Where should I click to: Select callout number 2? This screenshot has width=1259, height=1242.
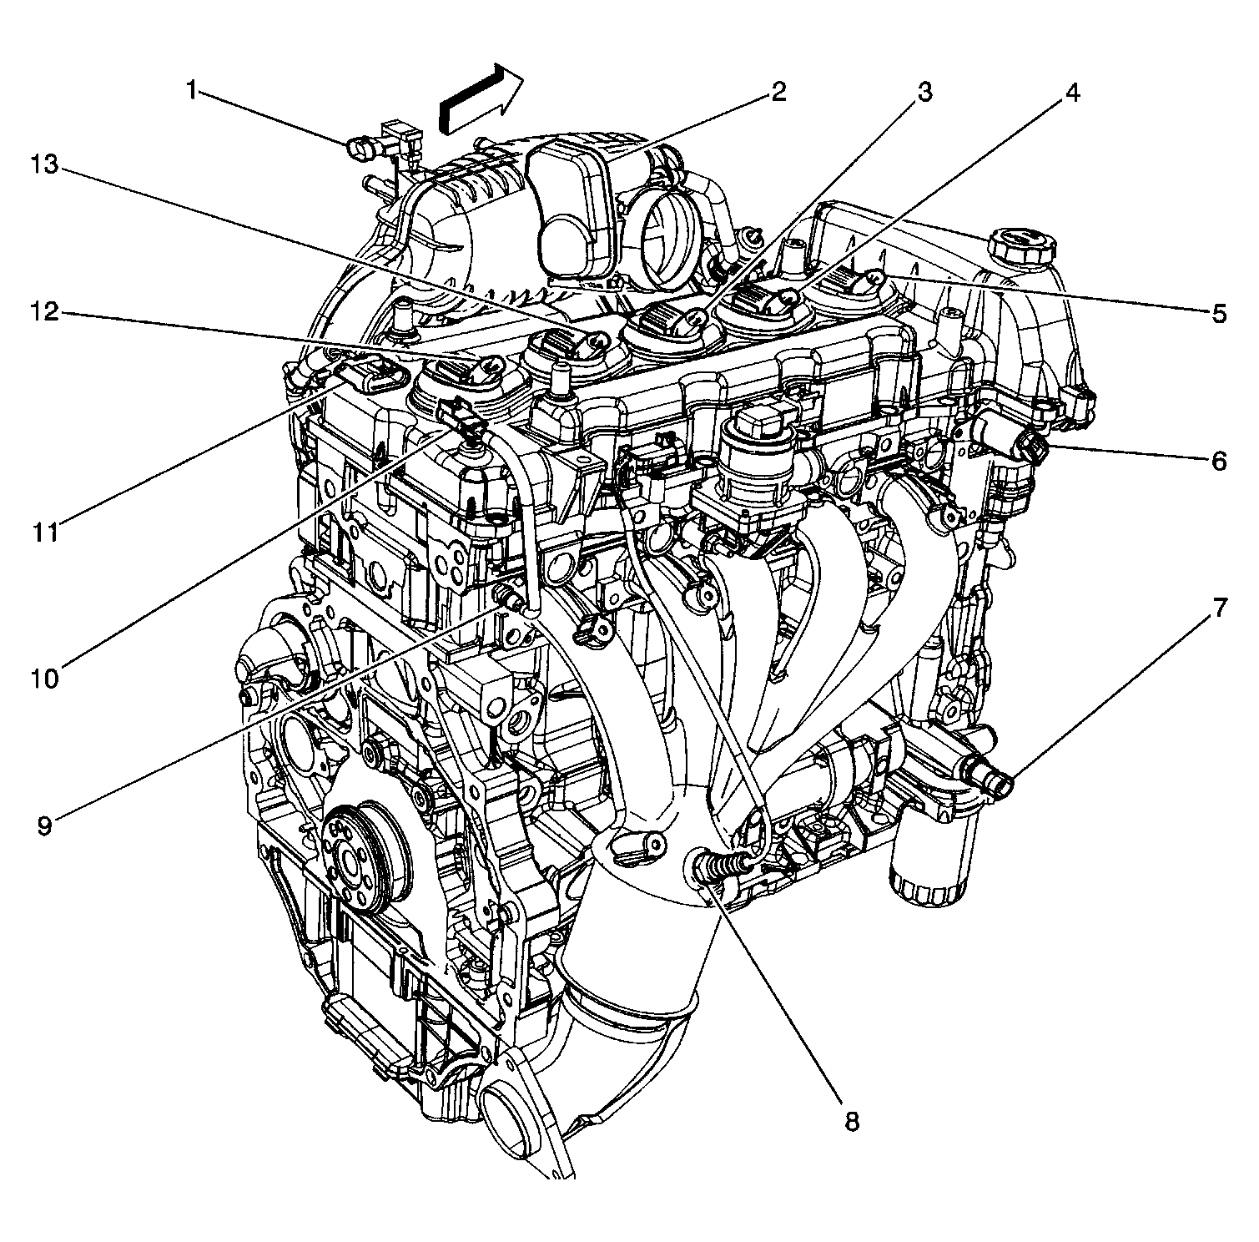pos(778,91)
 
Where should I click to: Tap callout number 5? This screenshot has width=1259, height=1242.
pos(1219,314)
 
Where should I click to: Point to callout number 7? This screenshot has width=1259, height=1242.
pos(1219,608)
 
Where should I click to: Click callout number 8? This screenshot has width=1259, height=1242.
pos(851,1121)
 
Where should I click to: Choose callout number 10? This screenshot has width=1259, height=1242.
pos(46,678)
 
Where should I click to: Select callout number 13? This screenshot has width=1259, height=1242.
pos(46,164)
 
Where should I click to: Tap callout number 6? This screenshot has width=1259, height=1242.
pos(1219,460)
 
